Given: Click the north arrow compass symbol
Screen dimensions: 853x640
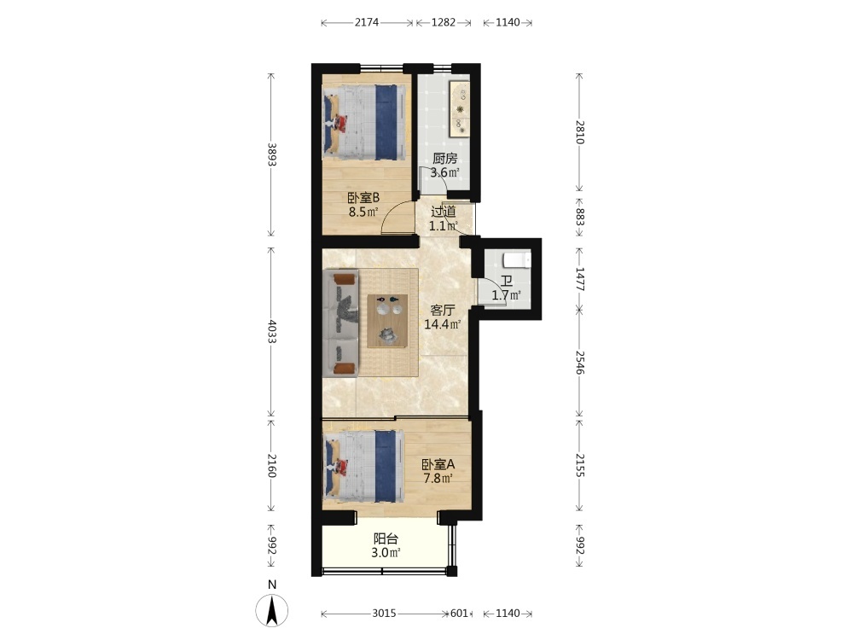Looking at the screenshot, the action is (x=272, y=610).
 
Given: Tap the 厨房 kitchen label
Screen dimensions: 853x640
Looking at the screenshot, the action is (x=445, y=159).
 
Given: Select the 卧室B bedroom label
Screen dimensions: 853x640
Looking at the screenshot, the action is (x=363, y=198).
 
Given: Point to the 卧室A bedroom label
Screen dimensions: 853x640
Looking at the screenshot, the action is (x=438, y=465).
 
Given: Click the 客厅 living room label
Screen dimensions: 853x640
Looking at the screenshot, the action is (x=442, y=311).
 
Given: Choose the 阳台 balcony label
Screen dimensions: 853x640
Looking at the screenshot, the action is (x=386, y=539).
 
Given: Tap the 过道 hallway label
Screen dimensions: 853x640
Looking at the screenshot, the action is (x=444, y=211).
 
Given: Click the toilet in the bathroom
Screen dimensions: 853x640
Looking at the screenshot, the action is (x=516, y=259).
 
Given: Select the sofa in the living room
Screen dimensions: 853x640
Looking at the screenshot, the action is (x=341, y=323).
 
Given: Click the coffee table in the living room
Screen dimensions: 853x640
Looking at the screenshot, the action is (x=387, y=321).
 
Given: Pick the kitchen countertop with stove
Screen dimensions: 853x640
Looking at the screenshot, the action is (x=460, y=109).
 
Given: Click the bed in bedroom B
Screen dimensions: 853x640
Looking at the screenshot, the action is (x=364, y=122).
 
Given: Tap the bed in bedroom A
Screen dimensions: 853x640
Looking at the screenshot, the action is (x=364, y=467).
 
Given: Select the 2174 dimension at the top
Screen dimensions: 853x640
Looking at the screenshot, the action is (x=367, y=22).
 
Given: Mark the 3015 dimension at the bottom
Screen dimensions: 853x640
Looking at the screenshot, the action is (x=384, y=614).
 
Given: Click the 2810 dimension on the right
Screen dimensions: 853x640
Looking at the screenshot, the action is (x=580, y=131).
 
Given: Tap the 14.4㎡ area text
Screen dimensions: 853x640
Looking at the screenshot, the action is (x=443, y=325).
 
